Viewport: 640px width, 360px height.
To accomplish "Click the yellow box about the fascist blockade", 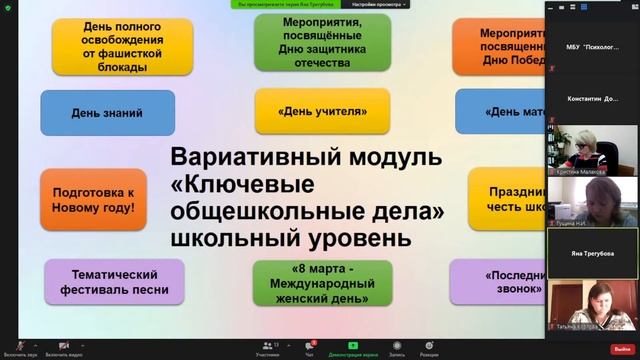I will (x=110, y=45).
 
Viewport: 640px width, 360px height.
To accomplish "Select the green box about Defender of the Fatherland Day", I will (x=309, y=41).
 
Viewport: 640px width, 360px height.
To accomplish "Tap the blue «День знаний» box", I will (x=107, y=112).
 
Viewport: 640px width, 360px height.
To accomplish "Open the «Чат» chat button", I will (x=310, y=346).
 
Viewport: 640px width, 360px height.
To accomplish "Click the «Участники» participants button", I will (x=267, y=346).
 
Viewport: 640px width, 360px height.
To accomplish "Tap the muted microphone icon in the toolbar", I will (x=19, y=345).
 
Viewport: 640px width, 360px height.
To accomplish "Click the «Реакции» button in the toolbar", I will (x=429, y=346).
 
